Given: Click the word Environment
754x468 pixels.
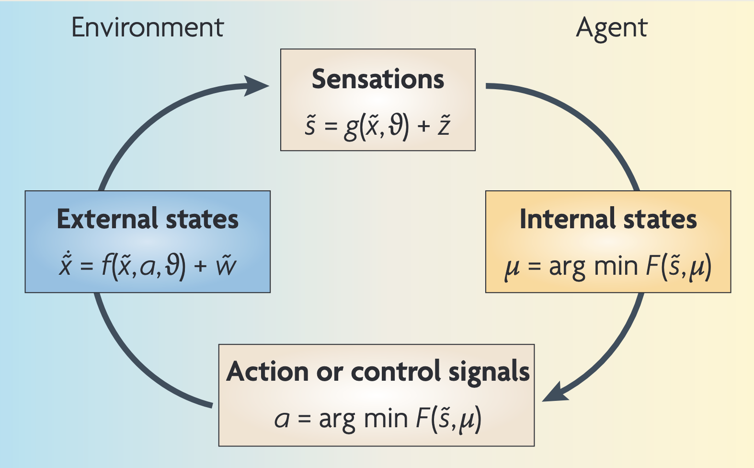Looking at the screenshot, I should (148, 27).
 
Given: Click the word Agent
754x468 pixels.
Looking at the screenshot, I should (611, 28).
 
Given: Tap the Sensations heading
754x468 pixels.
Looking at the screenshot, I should (378, 79).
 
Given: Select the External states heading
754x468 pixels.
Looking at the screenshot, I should (148, 219).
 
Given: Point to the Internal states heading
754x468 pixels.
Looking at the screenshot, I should (608, 219).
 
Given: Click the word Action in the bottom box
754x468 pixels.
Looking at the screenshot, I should (267, 372).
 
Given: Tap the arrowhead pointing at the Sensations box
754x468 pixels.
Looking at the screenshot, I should (258, 86).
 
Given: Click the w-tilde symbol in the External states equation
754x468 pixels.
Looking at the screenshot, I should (226, 266).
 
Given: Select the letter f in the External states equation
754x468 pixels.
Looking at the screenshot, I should (106, 266).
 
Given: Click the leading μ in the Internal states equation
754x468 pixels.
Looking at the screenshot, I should (512, 268).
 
